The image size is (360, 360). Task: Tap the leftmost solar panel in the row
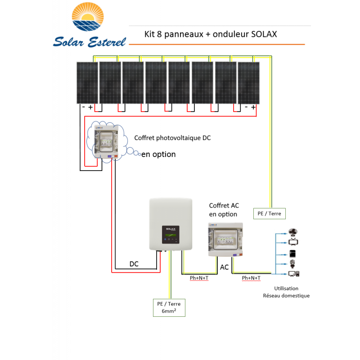point(86,83)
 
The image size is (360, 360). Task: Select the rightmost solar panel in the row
point(248,83)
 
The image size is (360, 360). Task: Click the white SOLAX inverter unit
point(171,225)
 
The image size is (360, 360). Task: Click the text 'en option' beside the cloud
point(158,154)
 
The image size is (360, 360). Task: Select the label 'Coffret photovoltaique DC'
point(172,138)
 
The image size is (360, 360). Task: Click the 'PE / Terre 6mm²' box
point(169,307)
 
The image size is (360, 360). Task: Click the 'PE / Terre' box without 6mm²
point(269,213)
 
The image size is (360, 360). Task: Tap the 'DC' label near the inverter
point(134,264)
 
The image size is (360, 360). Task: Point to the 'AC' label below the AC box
point(224,267)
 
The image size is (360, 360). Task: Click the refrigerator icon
point(293,253)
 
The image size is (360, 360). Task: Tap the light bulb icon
point(293,263)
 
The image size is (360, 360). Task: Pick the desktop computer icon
point(293,273)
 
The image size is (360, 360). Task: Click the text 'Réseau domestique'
point(286,296)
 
